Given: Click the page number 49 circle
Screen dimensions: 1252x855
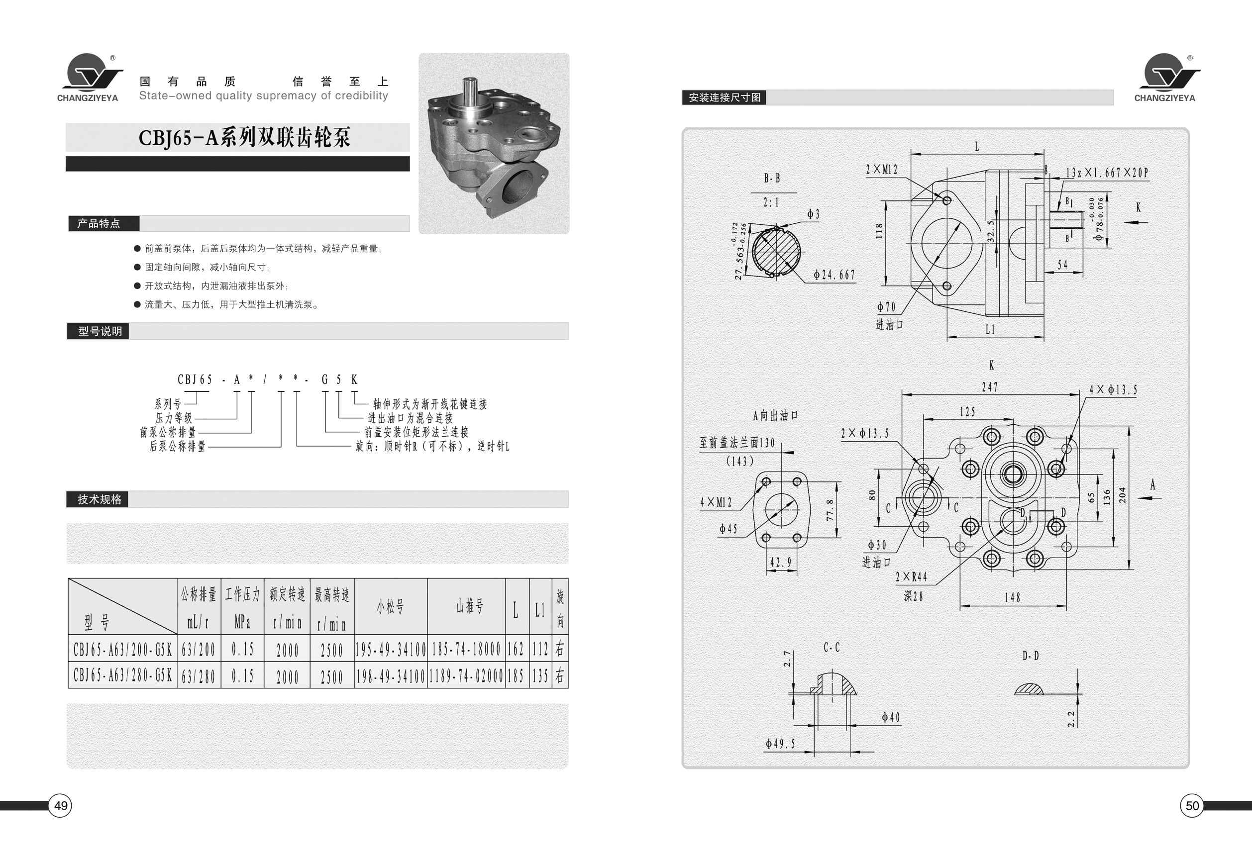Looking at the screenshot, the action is point(60,805).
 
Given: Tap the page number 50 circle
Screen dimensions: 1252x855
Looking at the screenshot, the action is point(1192,805).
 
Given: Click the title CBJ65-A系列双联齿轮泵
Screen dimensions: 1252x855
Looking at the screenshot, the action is point(245,137).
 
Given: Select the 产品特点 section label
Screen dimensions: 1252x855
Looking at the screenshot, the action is point(99,223).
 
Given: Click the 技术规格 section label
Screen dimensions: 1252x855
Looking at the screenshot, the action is point(100,499).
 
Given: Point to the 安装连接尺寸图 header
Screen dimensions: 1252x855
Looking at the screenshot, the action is point(725,97).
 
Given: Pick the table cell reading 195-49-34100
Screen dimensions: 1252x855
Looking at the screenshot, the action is point(391,649).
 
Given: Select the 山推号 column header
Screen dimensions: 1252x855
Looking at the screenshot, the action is point(470,607).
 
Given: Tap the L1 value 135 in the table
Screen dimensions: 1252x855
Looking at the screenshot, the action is point(540,676).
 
